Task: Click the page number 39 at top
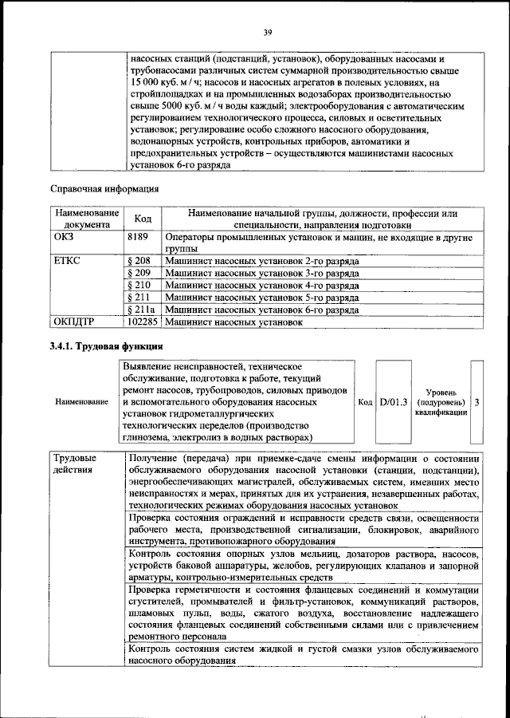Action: click(268, 31)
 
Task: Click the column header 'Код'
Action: click(143, 219)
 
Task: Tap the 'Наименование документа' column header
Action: click(87, 219)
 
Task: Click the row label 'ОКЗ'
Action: click(63, 237)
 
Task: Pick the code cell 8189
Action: click(138, 237)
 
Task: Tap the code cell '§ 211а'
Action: click(141, 309)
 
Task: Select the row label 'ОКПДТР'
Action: click(73, 322)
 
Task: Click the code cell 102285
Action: click(143, 322)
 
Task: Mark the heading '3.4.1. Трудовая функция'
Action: click(106, 346)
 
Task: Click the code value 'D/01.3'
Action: click(394, 402)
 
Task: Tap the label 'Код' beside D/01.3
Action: click(366, 402)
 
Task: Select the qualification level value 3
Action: click(477, 402)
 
